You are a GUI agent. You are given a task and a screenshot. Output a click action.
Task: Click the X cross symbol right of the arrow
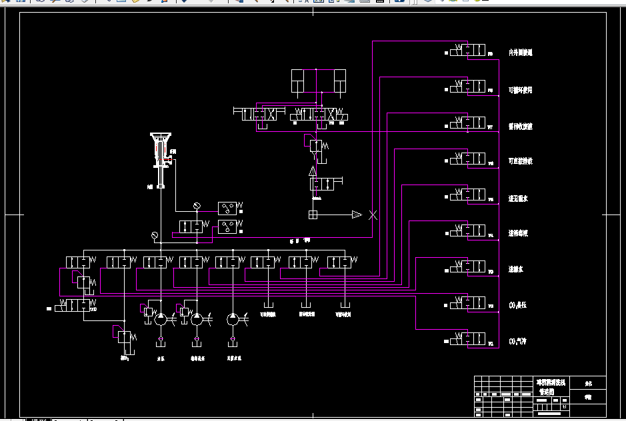373,214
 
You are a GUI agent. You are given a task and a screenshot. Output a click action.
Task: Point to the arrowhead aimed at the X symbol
357,214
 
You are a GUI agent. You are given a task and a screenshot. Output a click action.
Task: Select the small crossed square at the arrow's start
313,214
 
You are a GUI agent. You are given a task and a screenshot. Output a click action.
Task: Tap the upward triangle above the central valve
313,171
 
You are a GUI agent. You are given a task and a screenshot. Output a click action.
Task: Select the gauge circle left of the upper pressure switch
197,206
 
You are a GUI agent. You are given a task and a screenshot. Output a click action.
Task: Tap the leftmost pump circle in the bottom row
161,320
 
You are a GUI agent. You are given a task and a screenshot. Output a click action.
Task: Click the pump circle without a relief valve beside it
232,320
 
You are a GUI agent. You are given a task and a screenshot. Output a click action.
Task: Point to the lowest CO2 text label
517,342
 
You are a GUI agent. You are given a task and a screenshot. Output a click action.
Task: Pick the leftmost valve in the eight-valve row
79,261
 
